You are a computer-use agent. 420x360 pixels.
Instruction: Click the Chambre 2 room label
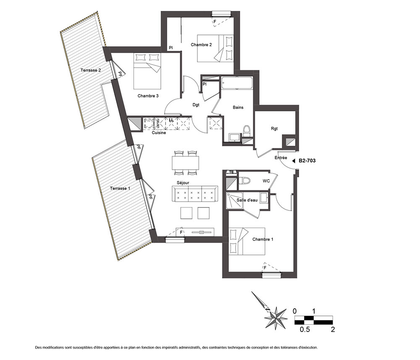(x=201, y=45)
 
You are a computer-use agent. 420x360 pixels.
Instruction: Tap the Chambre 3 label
(x=148, y=96)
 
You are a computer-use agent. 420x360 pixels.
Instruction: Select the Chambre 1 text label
(x=263, y=239)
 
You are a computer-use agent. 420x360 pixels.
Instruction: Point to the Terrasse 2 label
(x=91, y=70)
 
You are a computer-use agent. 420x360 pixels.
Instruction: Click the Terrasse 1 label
(x=120, y=188)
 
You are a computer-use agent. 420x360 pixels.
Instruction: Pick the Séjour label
(x=183, y=183)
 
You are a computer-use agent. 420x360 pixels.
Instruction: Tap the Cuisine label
(x=159, y=133)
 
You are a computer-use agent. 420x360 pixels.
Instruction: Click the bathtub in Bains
(x=237, y=83)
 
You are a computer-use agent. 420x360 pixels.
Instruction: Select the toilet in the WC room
(x=244, y=180)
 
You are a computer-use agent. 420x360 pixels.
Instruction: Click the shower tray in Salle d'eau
(x=234, y=200)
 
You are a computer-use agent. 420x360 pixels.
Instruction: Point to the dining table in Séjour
(x=186, y=163)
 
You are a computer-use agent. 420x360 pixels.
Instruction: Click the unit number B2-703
(x=307, y=161)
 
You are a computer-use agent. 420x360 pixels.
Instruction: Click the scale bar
(x=314, y=320)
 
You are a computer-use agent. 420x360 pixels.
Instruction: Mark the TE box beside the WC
(x=231, y=172)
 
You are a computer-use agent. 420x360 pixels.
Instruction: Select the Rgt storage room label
(x=274, y=129)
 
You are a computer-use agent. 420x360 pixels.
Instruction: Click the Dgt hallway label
(x=196, y=105)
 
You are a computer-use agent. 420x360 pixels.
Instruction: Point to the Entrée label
(x=281, y=158)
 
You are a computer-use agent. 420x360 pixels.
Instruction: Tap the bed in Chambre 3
(x=147, y=71)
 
